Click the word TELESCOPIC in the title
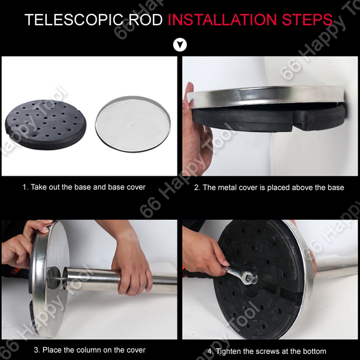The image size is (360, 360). (74, 20)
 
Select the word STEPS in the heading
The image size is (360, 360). (307, 20)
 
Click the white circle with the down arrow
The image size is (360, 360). (180, 45)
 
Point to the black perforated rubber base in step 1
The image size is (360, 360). (46, 125)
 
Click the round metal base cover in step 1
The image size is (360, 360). (133, 124)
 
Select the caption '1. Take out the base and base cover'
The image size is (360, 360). (84, 187)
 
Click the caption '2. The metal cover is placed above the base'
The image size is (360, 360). (269, 188)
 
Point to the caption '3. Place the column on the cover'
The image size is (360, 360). (90, 350)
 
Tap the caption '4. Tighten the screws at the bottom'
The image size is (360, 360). (267, 351)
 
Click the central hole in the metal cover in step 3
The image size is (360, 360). (54, 278)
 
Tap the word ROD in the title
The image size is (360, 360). (145, 20)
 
